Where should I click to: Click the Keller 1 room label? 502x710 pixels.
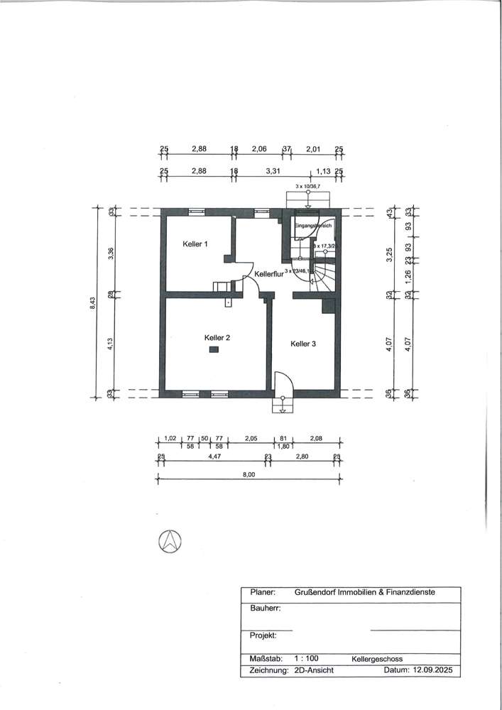[x=195, y=244]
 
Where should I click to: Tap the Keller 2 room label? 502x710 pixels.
[x=217, y=337]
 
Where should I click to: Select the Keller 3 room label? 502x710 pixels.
[x=303, y=344]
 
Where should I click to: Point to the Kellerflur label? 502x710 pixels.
[x=269, y=274]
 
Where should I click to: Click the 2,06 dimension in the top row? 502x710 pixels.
[x=259, y=149]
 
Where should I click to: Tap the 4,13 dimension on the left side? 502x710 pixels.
[x=111, y=344]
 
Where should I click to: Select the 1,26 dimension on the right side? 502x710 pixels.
[x=408, y=274]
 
